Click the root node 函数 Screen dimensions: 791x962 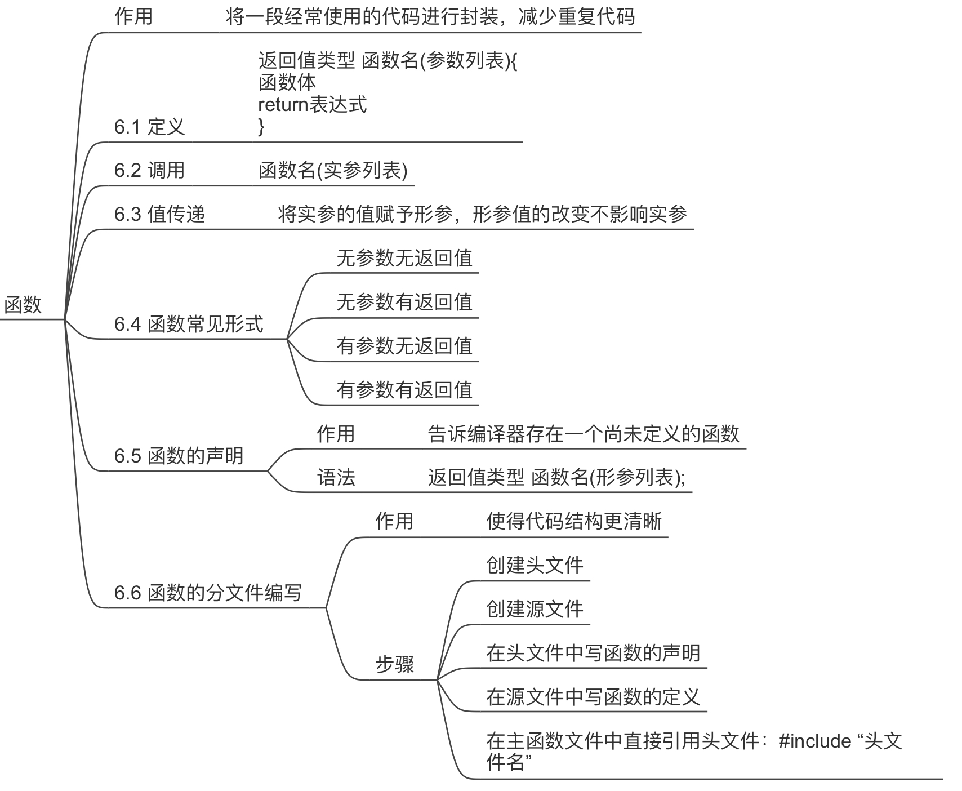click(23, 305)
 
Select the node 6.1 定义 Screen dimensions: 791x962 click(149, 127)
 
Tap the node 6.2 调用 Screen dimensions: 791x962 click(149, 170)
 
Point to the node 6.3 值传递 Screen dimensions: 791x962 click(159, 214)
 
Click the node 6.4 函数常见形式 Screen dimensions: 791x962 click(189, 324)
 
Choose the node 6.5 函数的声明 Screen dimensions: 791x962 click(179, 456)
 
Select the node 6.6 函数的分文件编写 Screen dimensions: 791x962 click(208, 593)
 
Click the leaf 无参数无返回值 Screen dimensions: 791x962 click(404, 258)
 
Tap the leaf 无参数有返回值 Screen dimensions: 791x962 click(404, 302)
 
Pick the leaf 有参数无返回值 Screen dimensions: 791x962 click(404, 346)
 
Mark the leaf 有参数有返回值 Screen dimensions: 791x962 click(404, 390)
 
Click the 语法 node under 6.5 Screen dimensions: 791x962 click(336, 478)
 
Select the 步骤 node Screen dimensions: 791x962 click(394, 665)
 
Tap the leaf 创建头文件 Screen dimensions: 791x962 click(535, 565)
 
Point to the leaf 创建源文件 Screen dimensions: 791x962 click(535, 609)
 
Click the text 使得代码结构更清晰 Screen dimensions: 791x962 click(574, 522)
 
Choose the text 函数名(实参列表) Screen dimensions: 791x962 click(333, 170)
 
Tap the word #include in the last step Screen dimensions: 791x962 click(814, 741)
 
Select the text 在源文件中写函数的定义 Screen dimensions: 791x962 click(593, 697)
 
